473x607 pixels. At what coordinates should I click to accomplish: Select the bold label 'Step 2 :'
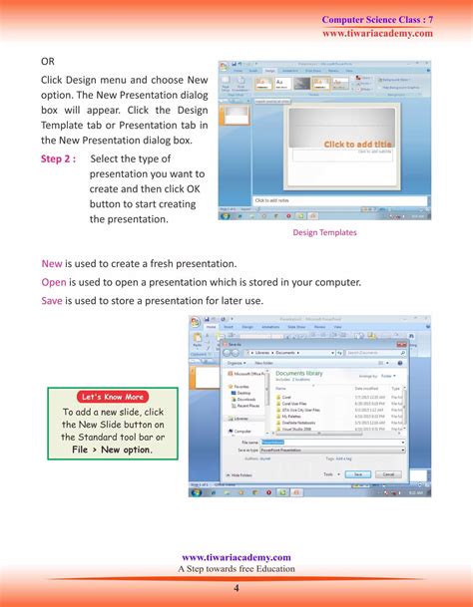[x=58, y=158]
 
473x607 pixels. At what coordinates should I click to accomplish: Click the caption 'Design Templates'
[x=324, y=232]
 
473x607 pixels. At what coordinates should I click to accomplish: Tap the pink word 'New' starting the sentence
[x=52, y=263]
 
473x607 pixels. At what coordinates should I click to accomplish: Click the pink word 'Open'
[x=54, y=282]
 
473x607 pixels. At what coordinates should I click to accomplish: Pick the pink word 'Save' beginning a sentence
[x=53, y=300]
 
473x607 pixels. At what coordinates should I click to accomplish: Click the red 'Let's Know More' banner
[x=113, y=397]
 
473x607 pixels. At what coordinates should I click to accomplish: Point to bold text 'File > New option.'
[x=112, y=451]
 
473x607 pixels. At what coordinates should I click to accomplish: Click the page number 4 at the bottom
[x=236, y=587]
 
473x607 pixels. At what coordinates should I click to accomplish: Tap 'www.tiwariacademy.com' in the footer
[x=236, y=558]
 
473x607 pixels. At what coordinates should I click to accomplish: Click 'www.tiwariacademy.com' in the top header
[x=377, y=33]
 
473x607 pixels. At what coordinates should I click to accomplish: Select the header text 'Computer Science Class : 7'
[x=377, y=20]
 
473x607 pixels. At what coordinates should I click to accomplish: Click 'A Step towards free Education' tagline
[x=236, y=569]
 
